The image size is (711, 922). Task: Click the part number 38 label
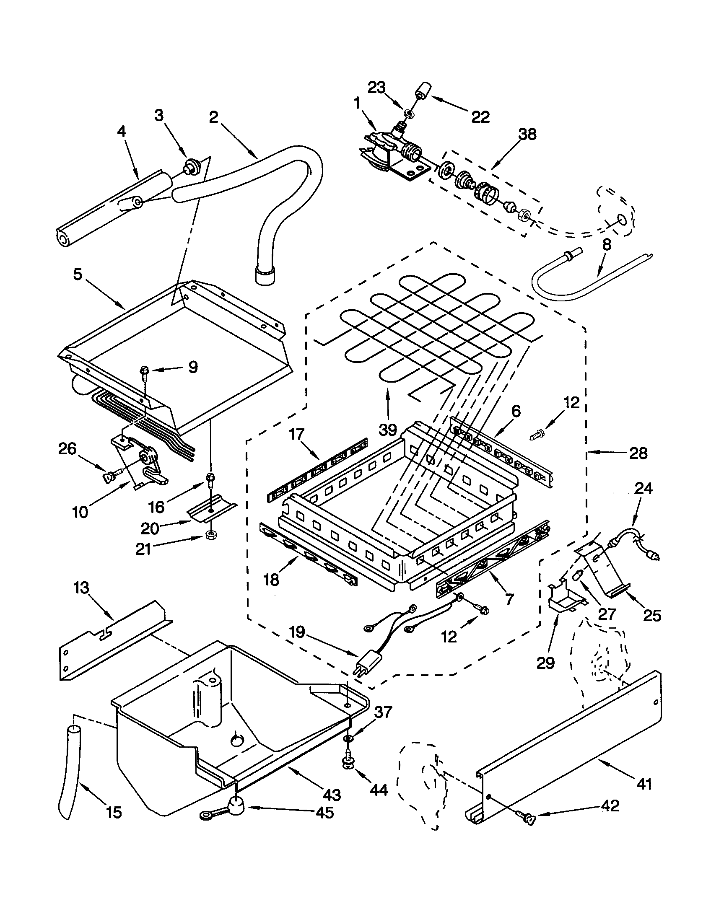[x=527, y=135]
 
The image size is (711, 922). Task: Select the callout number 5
[x=77, y=274]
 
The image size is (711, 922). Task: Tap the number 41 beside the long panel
[x=644, y=784]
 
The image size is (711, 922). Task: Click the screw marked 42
[x=527, y=819]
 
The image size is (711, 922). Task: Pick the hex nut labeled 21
[x=208, y=535]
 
